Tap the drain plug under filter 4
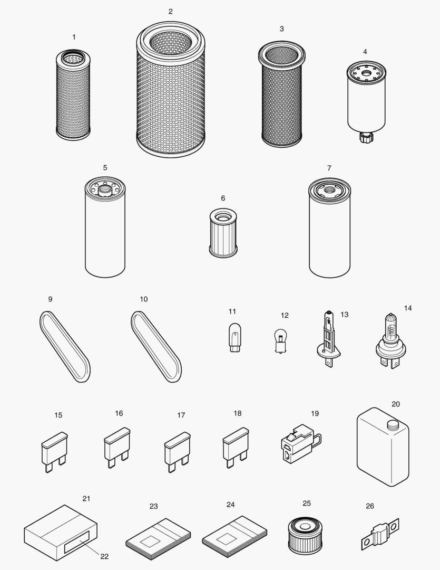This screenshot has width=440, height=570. click(x=364, y=138)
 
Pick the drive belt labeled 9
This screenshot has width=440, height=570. click(x=65, y=346)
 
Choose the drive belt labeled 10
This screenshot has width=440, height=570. click(x=156, y=346)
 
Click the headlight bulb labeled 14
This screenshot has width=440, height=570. click(x=390, y=338)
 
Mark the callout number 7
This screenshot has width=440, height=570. click(x=329, y=168)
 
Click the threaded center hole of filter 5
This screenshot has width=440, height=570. click(x=104, y=186)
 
